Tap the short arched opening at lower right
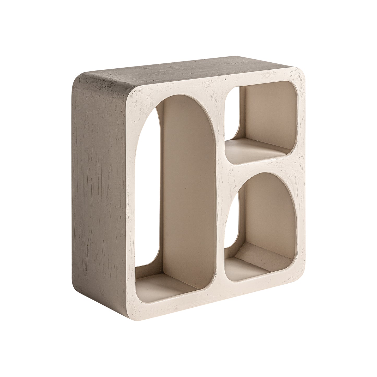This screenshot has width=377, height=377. tap(261, 227)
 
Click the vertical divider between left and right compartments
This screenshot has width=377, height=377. tap(222, 209)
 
